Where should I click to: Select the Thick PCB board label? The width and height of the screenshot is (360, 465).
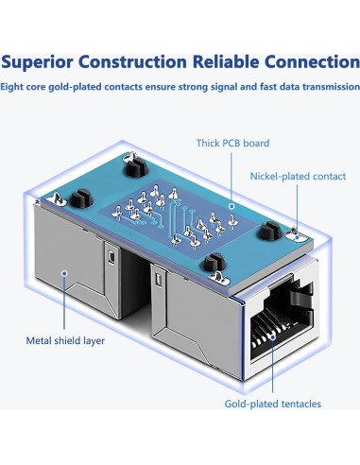(232, 144)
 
